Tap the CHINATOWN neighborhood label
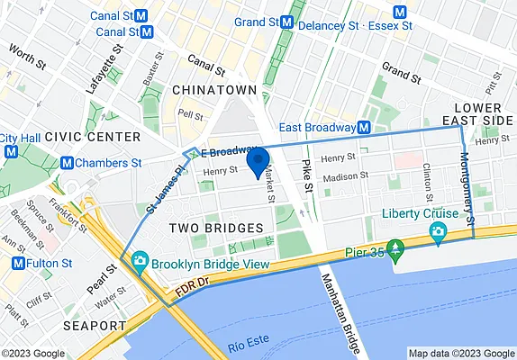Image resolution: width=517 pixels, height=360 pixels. (x=214, y=91)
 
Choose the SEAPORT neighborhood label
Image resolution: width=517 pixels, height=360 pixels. (x=95, y=324)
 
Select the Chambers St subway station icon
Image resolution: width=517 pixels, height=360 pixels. (x=67, y=163)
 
